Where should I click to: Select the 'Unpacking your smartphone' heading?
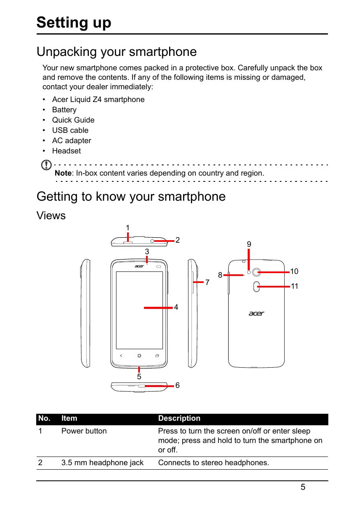coord(116,52)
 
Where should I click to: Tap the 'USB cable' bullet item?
coord(70,130)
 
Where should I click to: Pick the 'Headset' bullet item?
coord(66,151)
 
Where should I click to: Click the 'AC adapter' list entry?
coord(71,140)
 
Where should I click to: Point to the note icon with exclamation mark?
coord(48,166)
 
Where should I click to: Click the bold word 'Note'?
coord(63,173)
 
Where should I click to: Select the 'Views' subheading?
coord(51,215)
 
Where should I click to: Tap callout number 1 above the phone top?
coord(128,227)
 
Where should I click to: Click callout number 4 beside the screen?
coord(176,307)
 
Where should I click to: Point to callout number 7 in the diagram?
coord(207,283)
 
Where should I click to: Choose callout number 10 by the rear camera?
coord(294,271)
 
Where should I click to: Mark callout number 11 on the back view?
coord(294,286)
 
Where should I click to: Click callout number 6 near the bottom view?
coord(177,385)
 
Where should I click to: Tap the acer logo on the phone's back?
coord(256,313)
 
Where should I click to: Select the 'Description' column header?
coord(179,418)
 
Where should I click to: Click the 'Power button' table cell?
coord(84,431)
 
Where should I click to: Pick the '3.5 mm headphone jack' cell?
coord(102,463)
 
